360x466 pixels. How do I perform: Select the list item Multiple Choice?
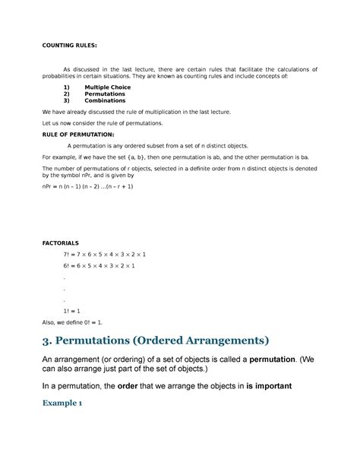point(107,87)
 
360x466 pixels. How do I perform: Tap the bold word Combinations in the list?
point(107,100)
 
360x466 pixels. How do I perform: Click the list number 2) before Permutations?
point(66,94)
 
